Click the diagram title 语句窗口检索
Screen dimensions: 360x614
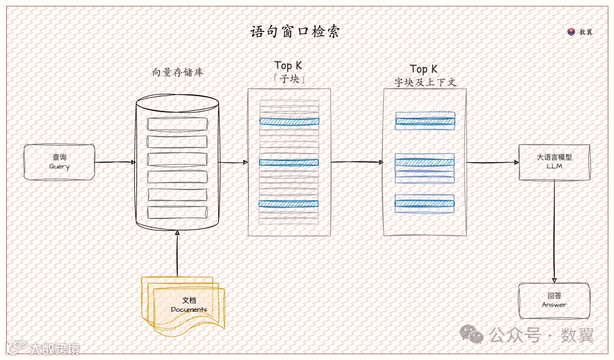pos(294,32)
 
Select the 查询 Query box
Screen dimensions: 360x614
pos(59,162)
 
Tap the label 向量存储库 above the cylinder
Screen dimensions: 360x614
pos(177,73)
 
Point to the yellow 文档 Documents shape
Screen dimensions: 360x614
pos(185,304)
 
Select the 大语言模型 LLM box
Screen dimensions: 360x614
pos(554,162)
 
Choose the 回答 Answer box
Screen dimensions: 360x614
pos(554,300)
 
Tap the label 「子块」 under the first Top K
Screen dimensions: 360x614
pos(289,79)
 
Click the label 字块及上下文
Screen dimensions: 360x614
pos(425,82)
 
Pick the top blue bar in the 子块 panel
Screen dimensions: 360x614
pos(289,121)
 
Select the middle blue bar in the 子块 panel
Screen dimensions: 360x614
pos(289,162)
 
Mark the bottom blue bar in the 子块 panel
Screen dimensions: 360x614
pos(289,203)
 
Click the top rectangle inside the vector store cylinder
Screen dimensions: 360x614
pos(177,124)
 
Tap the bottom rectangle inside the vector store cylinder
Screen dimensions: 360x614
pos(177,212)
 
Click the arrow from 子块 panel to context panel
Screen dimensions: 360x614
pos(357,162)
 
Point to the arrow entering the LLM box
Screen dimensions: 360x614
pos(492,162)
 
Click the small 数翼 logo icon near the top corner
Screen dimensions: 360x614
pos(571,32)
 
